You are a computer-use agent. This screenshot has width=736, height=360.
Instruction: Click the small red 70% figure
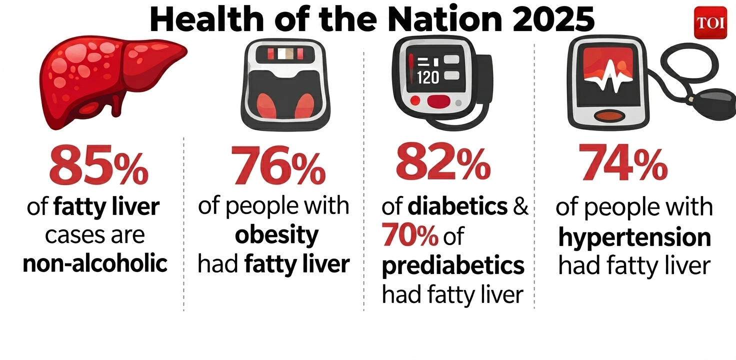coord(410,236)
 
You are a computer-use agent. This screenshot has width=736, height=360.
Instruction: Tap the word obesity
coord(276,234)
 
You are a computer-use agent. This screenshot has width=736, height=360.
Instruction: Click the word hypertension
coord(634,237)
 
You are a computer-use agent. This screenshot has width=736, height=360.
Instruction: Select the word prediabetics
coord(453,265)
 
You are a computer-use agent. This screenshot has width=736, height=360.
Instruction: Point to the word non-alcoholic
coord(95,263)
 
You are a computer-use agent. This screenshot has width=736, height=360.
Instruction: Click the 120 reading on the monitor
coord(427,77)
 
